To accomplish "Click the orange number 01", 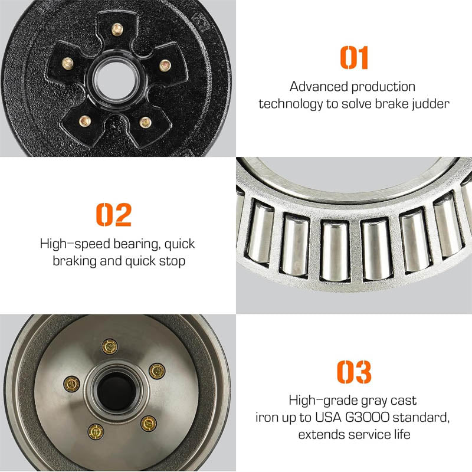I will (354, 57).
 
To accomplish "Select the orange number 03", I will (354, 372).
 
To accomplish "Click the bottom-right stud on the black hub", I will (145, 122).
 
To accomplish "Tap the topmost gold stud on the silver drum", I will (109, 346).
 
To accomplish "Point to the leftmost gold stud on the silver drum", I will (70, 385).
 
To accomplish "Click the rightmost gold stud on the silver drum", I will (156, 371).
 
